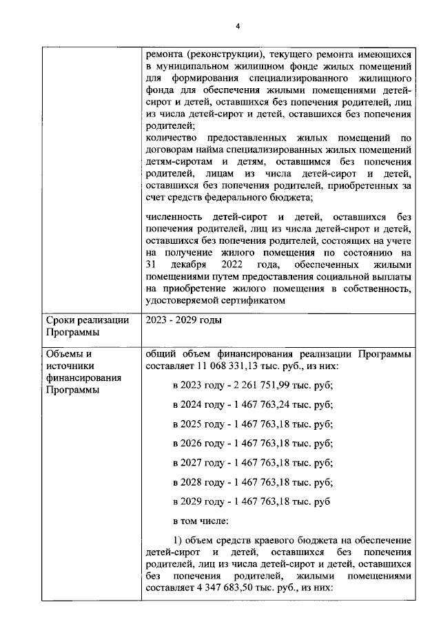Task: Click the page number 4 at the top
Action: click(236, 26)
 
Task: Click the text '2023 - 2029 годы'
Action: click(184, 320)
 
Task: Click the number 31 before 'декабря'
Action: click(152, 264)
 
